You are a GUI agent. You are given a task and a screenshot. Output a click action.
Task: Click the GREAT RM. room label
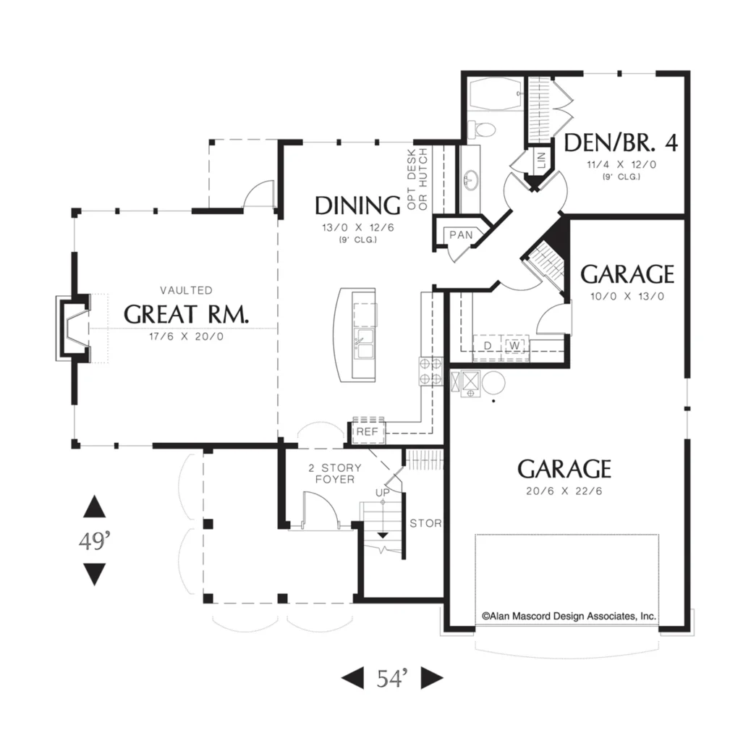(186, 314)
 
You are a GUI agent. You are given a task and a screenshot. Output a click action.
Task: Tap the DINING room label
(357, 206)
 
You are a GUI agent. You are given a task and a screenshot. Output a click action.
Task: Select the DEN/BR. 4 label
(621, 143)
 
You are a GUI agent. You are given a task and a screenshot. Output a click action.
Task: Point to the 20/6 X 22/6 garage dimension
(564, 491)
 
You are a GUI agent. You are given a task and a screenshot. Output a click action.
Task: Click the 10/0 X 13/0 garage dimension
(627, 297)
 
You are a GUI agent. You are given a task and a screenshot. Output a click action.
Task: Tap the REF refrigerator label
(367, 432)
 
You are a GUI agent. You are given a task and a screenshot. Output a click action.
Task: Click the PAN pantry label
(461, 235)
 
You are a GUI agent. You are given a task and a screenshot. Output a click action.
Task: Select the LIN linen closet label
(541, 160)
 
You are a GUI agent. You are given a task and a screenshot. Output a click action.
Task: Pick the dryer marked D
(488, 346)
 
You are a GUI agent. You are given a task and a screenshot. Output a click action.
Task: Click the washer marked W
(516, 346)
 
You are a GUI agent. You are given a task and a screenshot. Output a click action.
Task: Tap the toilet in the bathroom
(480, 129)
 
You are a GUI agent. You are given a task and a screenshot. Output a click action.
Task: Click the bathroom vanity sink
(470, 180)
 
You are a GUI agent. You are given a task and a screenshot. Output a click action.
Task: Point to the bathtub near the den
(496, 95)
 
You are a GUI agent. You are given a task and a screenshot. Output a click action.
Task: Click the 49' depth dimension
(95, 541)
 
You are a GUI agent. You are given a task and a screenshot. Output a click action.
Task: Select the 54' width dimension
(391, 679)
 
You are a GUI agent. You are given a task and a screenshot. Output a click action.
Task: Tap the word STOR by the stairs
(425, 524)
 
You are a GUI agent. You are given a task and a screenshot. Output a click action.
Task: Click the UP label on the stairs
(383, 493)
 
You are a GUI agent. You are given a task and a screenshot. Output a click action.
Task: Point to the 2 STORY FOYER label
(335, 473)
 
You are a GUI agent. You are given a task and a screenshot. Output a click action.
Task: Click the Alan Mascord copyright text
(569, 617)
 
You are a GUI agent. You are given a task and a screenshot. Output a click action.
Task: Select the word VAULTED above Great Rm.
(186, 290)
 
